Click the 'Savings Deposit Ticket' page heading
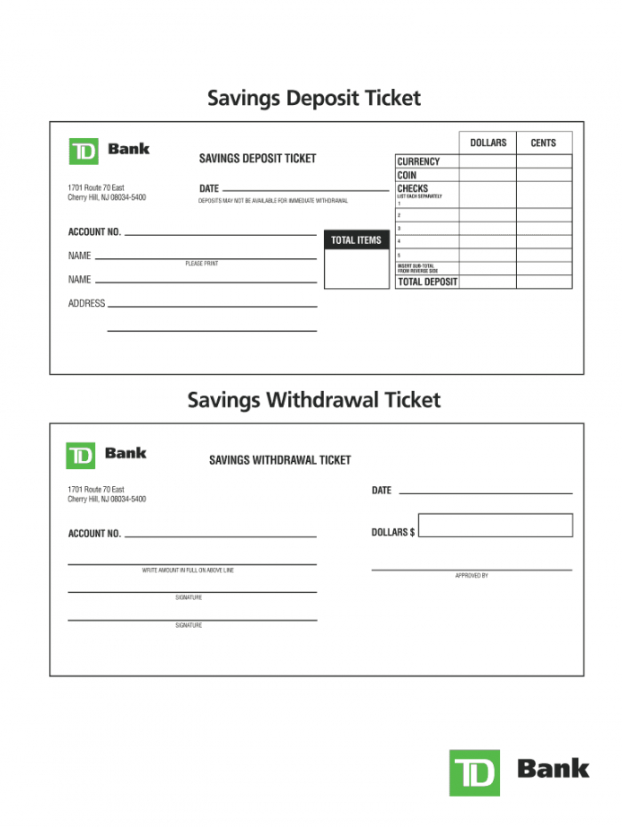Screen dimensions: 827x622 coord(313,98)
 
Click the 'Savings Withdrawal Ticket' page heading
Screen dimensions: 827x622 coord(313,400)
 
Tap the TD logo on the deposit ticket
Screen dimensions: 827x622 coord(83,151)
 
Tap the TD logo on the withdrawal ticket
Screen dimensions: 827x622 coord(81,455)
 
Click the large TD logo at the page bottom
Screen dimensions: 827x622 coord(474,771)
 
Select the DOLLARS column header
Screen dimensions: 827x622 coord(487,143)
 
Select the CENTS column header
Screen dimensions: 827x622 coord(543,143)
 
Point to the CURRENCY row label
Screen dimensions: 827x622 coord(418,162)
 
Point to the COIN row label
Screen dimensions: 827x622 coord(407,176)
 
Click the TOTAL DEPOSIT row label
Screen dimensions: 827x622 coord(427,282)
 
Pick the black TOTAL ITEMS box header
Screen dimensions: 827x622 coord(356,240)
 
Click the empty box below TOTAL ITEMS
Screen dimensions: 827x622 coord(356,269)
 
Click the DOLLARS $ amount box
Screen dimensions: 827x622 coord(495,526)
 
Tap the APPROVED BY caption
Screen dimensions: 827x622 coord(471,576)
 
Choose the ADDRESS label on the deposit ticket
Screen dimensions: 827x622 coord(86,304)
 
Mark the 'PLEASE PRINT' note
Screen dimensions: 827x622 coord(201,264)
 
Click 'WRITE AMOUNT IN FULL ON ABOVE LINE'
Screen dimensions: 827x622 coord(188,570)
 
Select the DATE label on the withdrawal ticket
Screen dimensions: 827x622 coord(381,491)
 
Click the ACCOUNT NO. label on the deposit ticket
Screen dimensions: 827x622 coord(94,232)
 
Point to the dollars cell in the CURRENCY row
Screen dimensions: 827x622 coord(487,162)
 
